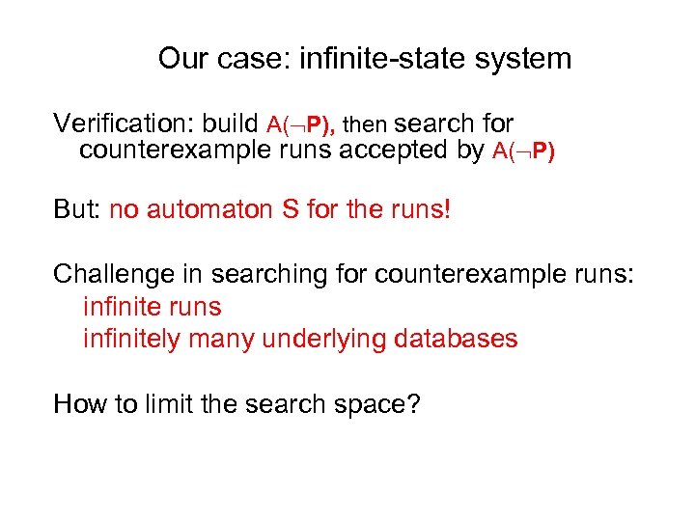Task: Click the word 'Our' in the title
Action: (x=182, y=59)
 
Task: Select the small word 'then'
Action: (x=366, y=125)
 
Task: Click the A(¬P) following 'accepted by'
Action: (x=523, y=151)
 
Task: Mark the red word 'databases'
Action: (x=459, y=340)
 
